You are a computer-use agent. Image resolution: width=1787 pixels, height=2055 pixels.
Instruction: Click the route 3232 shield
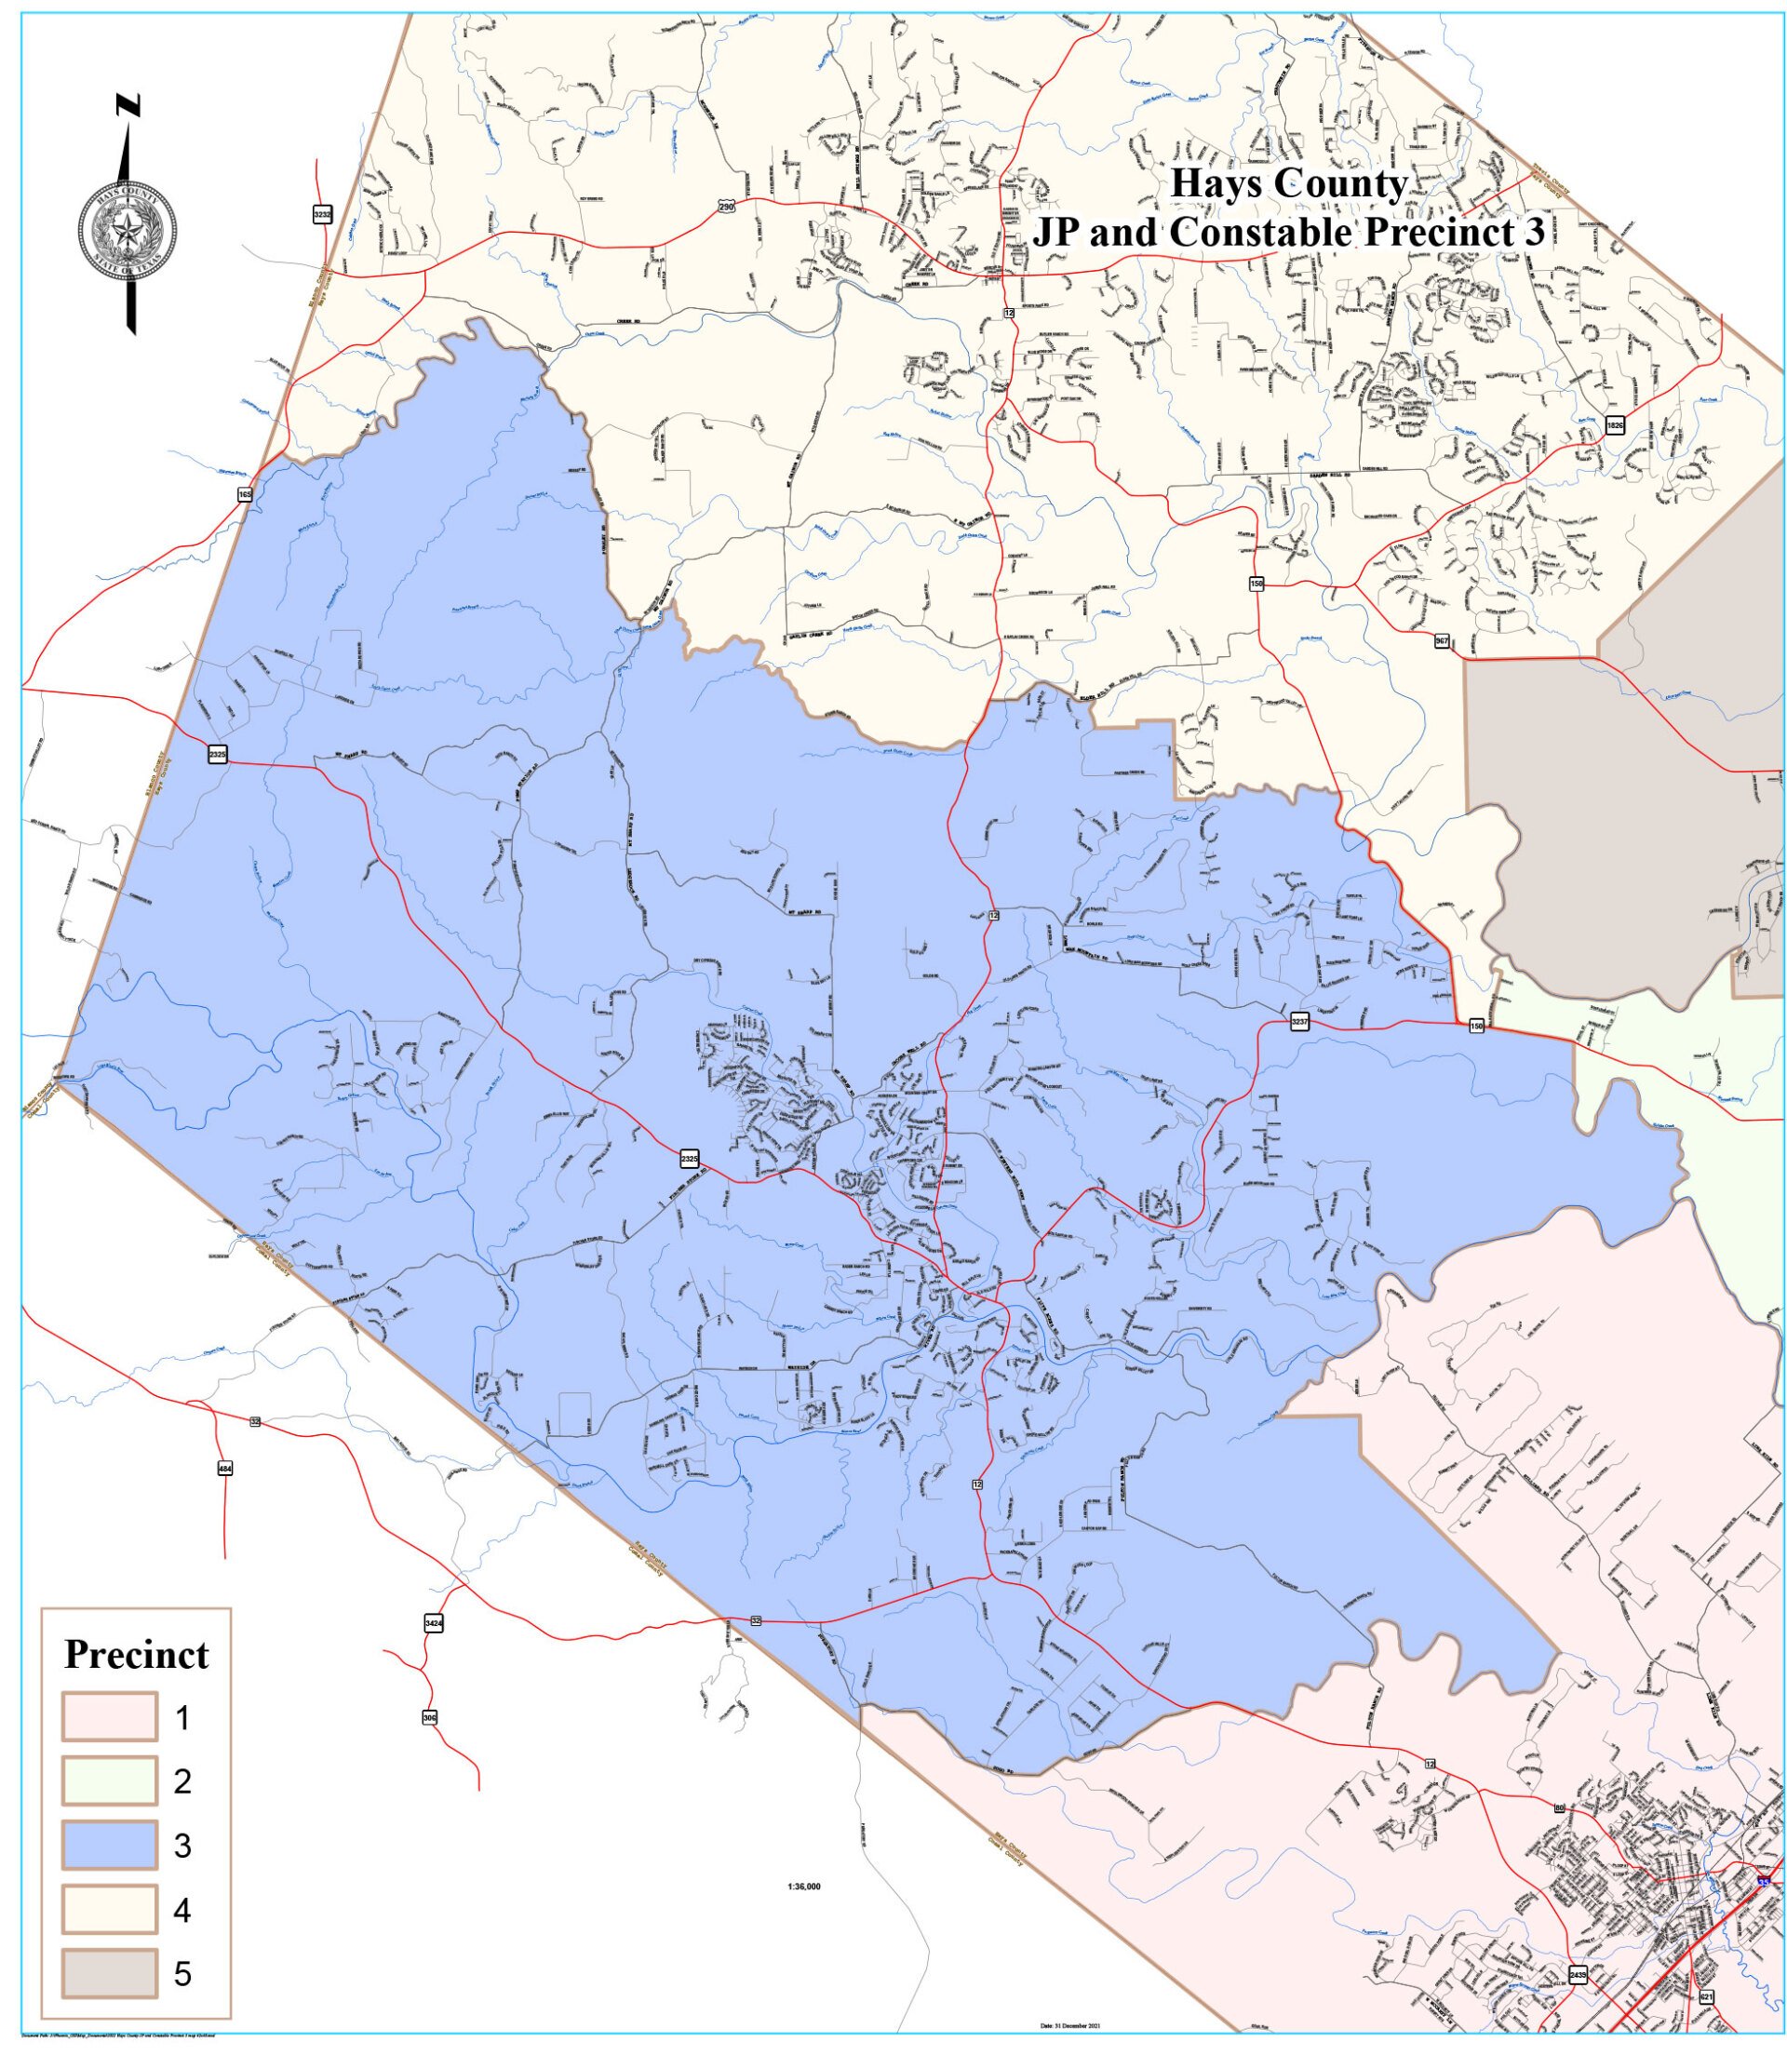[x=321, y=214]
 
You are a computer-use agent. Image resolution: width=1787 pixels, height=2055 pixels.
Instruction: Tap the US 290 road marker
[x=726, y=207]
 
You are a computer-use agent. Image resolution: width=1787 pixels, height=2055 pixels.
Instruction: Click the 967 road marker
[x=1442, y=640]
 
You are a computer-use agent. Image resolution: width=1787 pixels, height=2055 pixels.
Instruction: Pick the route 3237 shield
[x=1298, y=1023]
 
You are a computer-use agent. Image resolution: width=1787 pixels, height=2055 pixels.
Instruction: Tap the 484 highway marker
[x=225, y=1468]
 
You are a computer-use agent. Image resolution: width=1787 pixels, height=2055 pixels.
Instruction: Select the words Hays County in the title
[x=1288, y=183]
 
